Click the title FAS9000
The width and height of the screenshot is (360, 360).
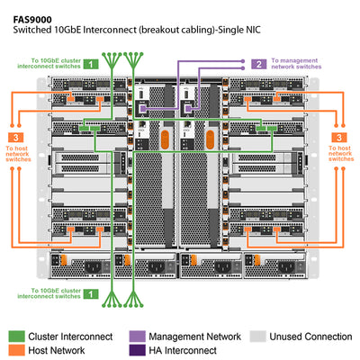pos(32,15)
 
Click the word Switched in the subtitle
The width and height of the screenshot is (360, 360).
pos(32,30)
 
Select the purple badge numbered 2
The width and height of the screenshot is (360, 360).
pos(258,64)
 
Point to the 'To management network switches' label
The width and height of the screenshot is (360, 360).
pos(296,64)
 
